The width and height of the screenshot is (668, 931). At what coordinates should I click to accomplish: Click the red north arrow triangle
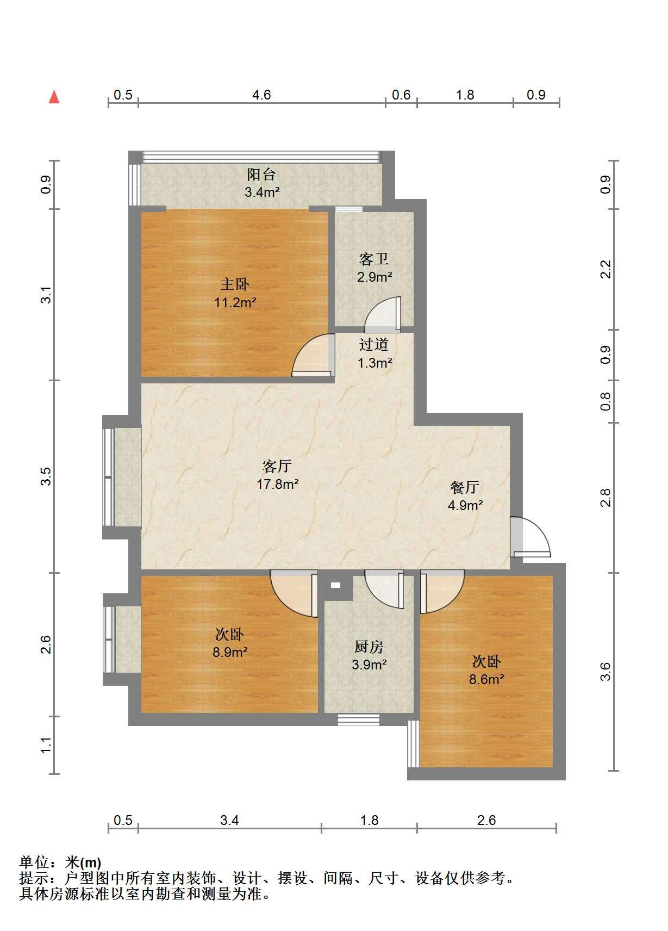click(54, 97)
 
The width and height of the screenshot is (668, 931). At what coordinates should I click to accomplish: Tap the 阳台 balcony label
click(261, 175)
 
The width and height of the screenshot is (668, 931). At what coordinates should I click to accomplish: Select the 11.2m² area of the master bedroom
click(235, 302)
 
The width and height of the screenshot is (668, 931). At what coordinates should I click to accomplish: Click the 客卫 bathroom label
click(374, 259)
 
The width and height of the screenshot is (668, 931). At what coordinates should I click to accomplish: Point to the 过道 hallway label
click(374, 344)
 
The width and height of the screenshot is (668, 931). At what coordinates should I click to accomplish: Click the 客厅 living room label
click(277, 466)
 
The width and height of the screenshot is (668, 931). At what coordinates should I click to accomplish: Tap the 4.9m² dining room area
click(465, 505)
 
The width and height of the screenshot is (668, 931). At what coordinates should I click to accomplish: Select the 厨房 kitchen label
click(369, 646)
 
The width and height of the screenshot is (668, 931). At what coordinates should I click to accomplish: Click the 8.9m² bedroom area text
click(230, 651)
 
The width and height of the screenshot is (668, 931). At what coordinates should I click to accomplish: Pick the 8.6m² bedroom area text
click(486, 679)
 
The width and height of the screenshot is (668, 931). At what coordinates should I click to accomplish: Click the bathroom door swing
click(383, 315)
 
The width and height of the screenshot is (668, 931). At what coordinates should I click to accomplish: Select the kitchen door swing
click(384, 589)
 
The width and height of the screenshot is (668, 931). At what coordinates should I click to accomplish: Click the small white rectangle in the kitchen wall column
click(336, 585)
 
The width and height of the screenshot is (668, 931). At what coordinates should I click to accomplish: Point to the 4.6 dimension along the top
click(261, 95)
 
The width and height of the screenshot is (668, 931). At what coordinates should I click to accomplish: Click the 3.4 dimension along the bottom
click(229, 820)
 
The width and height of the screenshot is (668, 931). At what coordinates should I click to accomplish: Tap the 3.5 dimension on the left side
click(46, 476)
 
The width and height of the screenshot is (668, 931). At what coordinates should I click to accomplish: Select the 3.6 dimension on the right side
click(605, 672)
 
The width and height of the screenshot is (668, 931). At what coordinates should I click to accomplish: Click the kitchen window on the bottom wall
click(358, 719)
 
